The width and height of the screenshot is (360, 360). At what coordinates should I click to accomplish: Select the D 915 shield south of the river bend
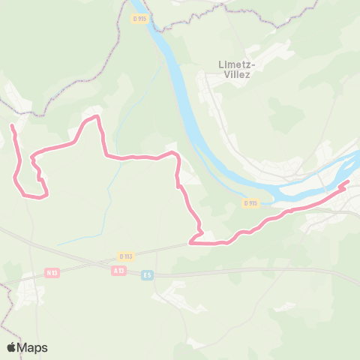click(251, 203)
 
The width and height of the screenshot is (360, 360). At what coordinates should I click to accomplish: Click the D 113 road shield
click(125, 256)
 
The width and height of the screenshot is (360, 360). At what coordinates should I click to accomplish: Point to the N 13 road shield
click(51, 273)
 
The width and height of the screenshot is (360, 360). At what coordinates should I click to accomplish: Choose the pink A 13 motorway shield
click(118, 270)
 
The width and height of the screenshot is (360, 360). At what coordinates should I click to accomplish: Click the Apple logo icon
click(12, 347)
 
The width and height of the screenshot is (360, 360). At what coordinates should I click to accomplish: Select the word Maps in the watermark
click(32, 347)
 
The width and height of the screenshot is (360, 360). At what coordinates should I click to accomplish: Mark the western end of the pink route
click(11, 127)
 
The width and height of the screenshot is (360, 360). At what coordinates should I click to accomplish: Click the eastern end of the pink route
click(348, 182)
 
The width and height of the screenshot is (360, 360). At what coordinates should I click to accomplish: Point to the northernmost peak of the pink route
click(96, 117)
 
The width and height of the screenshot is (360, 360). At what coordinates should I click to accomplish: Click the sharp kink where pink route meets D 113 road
click(190, 242)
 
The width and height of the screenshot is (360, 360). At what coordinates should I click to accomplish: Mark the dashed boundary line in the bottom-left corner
click(6, 330)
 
